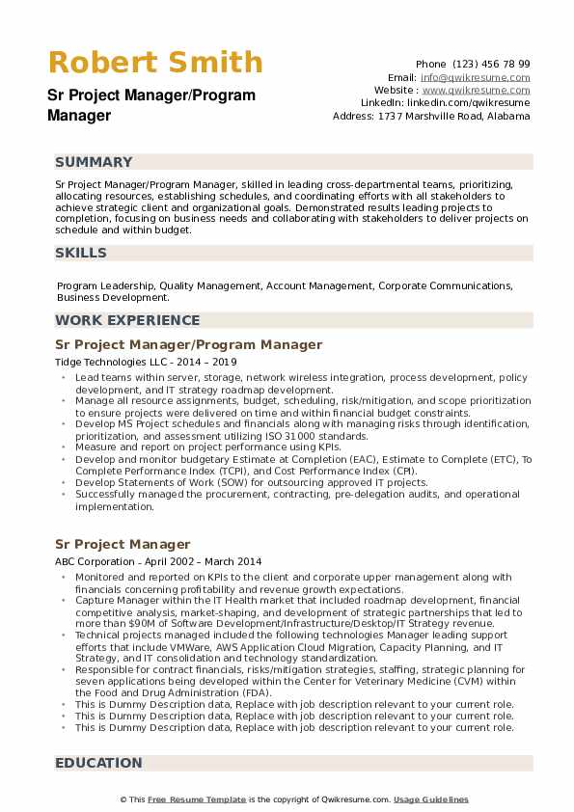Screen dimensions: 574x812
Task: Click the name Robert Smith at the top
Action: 154,63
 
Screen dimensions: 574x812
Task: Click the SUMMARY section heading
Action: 94,162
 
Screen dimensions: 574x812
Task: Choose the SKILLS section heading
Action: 81,253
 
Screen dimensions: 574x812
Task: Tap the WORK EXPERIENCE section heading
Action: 127,320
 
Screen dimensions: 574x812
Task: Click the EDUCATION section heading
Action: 98,763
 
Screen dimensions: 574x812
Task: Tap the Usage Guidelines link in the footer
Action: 430,799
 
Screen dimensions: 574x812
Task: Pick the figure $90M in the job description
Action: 129,623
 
